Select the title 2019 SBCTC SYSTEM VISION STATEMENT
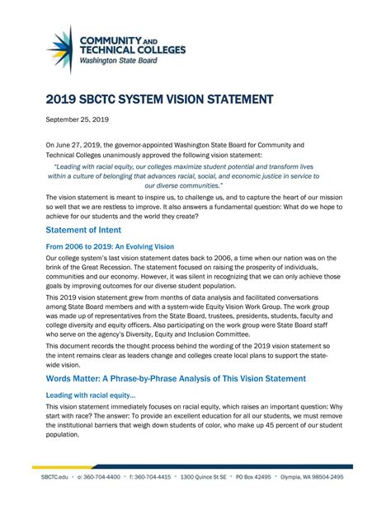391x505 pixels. [159, 100]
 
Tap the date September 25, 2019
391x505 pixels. [79, 120]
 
